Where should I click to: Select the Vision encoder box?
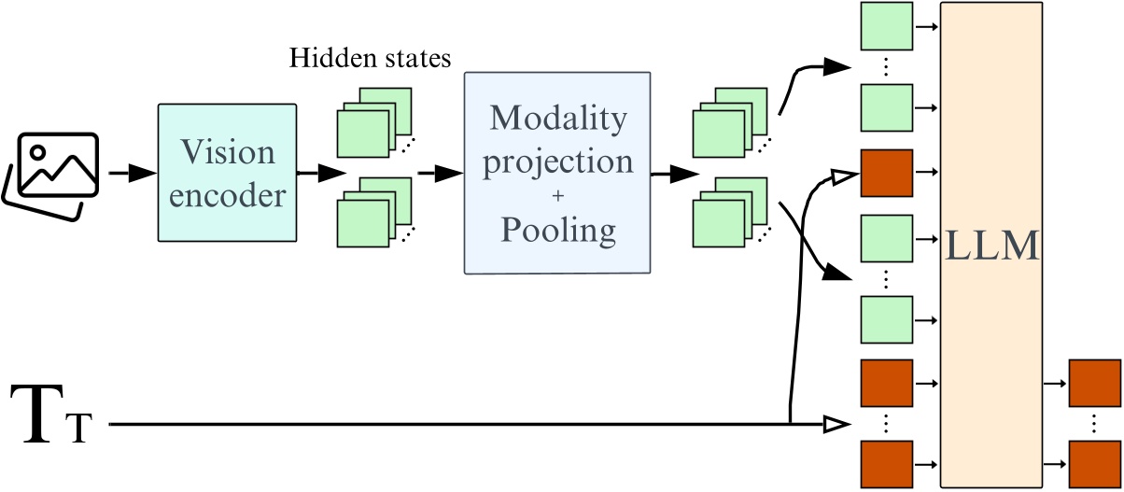pos(228,175)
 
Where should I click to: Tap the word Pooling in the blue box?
pos(556,229)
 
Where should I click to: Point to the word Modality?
pos(557,119)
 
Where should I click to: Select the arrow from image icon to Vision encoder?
pos(132,174)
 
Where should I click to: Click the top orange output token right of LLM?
pos(1093,383)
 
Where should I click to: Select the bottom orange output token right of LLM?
pos(1093,463)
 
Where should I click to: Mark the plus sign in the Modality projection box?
pos(557,197)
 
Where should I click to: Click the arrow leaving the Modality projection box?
pos(675,174)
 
